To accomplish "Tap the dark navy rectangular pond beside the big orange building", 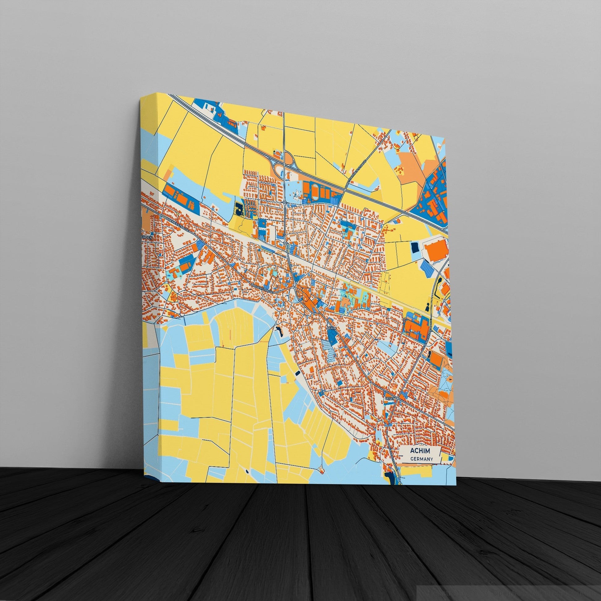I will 415,248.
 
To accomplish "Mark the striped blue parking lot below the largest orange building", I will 427,268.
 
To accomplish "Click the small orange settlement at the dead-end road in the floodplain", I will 321,478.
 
